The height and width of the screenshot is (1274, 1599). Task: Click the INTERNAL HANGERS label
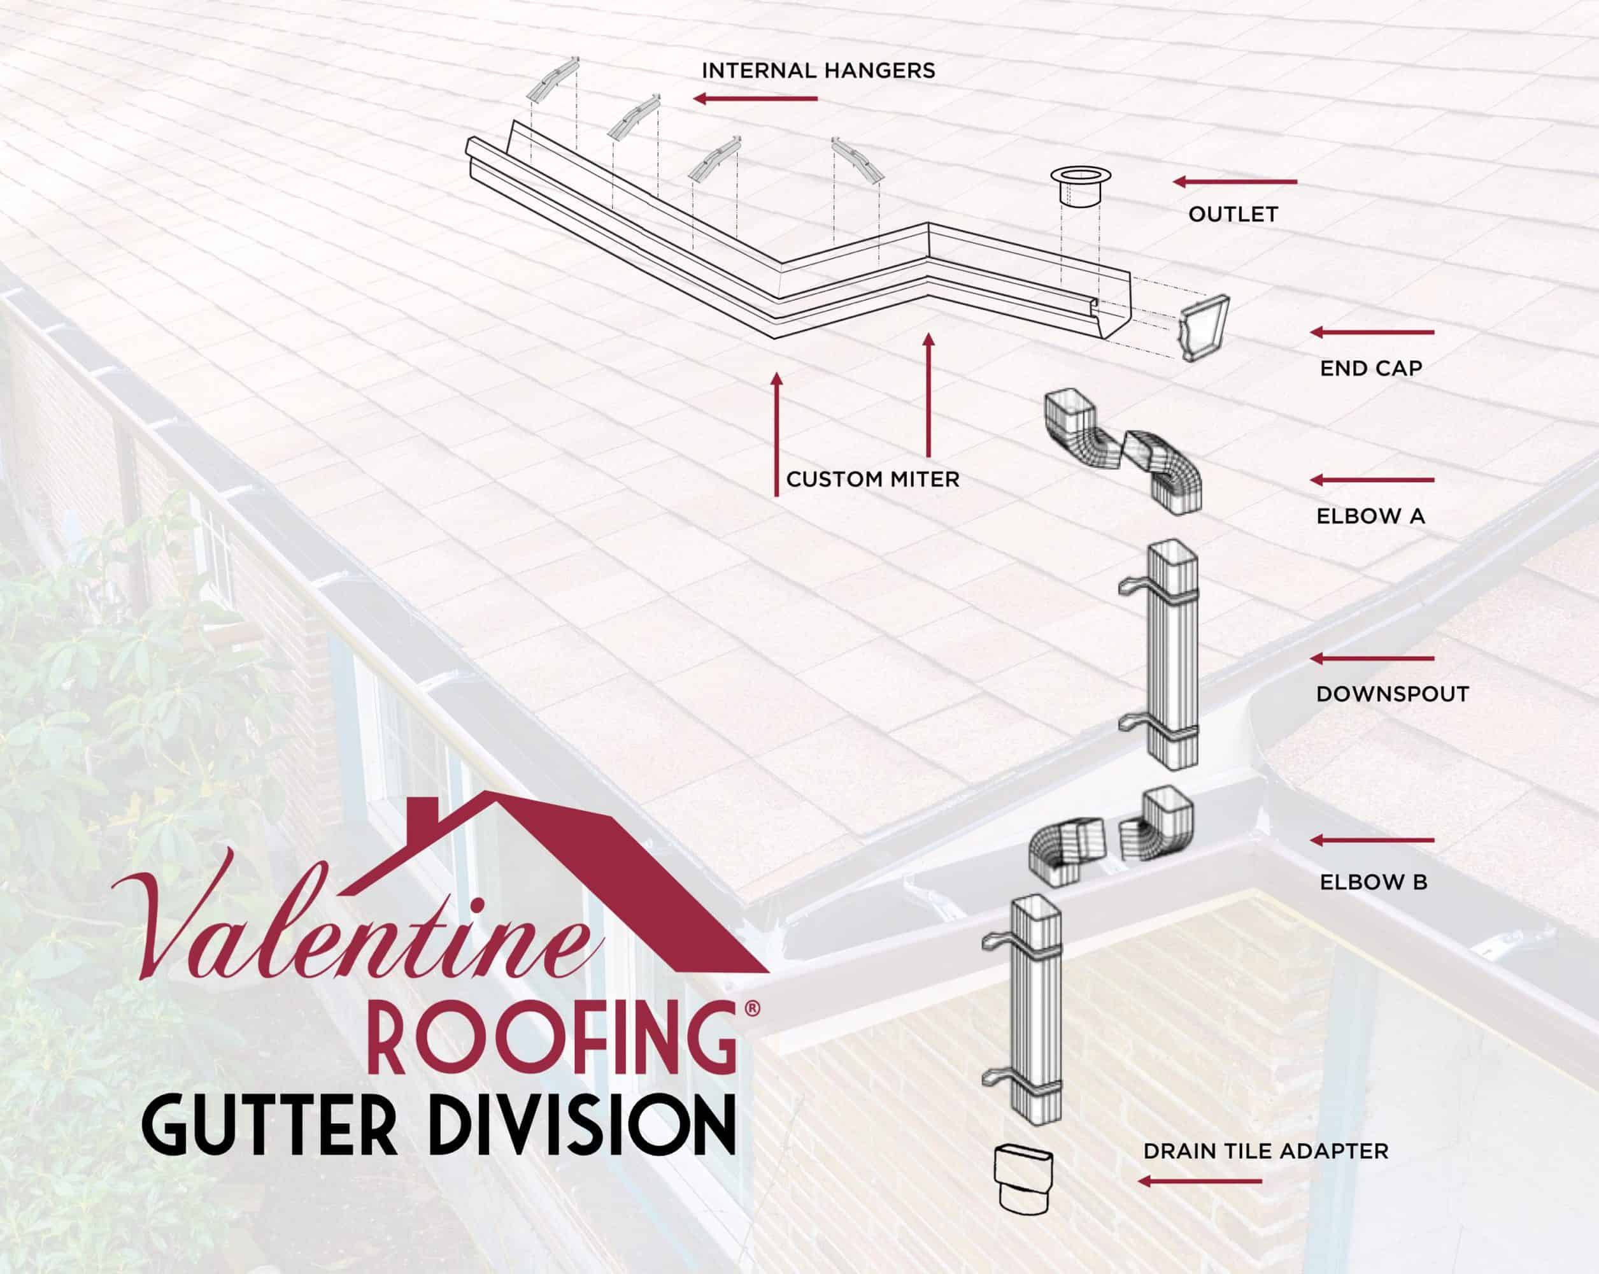(x=818, y=71)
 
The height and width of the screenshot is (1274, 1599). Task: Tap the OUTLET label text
(x=1233, y=215)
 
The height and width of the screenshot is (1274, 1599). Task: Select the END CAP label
(x=1370, y=369)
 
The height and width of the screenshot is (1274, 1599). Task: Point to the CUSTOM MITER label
(x=872, y=479)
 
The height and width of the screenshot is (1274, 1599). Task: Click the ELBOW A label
(x=1370, y=517)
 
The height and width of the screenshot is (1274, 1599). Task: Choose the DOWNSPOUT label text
(x=1392, y=694)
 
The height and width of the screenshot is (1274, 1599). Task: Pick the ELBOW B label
(x=1374, y=882)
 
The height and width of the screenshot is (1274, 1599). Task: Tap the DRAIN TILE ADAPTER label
(x=1265, y=1152)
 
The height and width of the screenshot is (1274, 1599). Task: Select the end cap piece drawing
(x=1204, y=327)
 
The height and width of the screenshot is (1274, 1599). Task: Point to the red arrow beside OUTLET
(x=1235, y=182)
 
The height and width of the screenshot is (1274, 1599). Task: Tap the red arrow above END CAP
(x=1372, y=333)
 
